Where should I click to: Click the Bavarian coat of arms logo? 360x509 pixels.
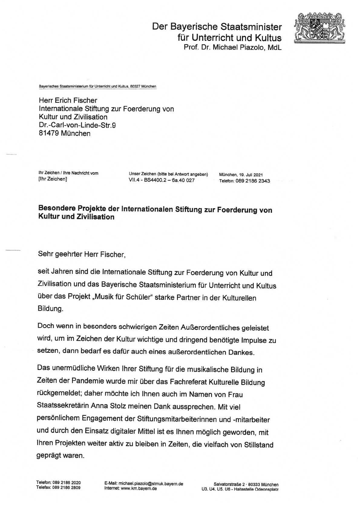(x=320, y=28)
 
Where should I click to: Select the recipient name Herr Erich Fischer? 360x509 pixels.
(x=68, y=100)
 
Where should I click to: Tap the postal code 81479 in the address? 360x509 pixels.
(x=48, y=133)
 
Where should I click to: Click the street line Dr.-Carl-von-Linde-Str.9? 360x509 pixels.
(x=77, y=125)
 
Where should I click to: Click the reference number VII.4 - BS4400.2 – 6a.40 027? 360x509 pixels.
(x=162, y=180)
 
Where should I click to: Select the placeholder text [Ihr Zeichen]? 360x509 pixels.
(x=53, y=179)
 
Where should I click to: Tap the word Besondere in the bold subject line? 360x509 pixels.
(x=57, y=208)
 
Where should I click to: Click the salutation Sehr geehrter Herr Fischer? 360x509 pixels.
(x=82, y=254)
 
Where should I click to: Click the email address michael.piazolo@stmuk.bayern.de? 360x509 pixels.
(x=151, y=484)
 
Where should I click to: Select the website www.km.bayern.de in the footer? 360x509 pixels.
(x=139, y=488)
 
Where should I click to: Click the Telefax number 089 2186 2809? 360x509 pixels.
(x=66, y=488)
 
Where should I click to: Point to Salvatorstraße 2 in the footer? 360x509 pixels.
(x=229, y=485)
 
